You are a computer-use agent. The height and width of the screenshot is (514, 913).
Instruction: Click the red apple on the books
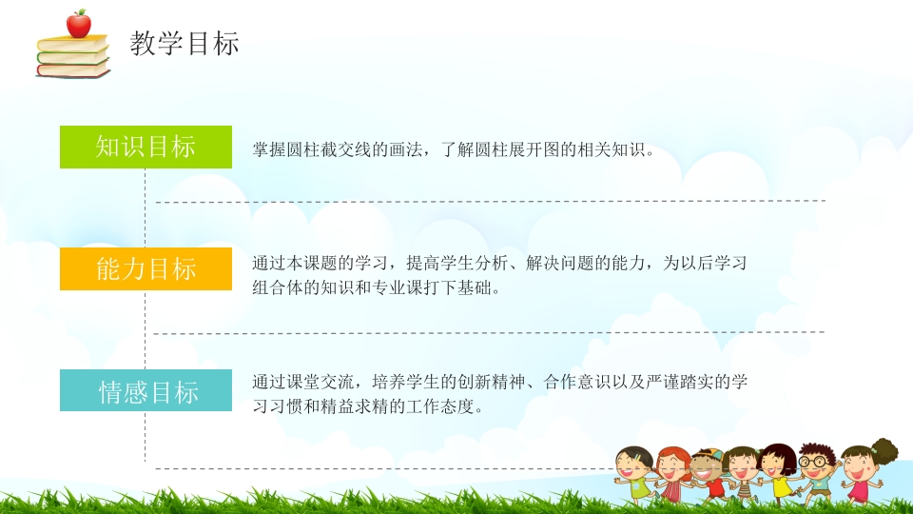pos(78,25)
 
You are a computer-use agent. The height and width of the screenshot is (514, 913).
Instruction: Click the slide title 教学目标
pos(185,43)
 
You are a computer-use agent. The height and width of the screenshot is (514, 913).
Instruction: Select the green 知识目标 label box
pos(146,147)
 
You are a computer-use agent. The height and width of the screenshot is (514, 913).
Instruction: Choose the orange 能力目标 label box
pos(146,268)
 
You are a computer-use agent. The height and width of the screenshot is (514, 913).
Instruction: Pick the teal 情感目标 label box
pos(146,391)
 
